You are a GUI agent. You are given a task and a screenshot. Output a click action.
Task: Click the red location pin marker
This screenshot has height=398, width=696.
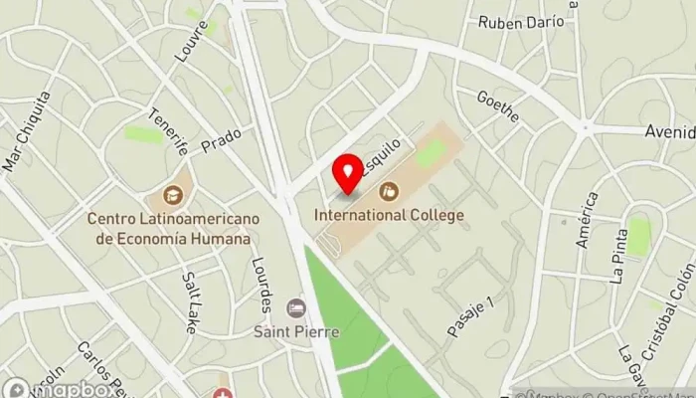(x=348, y=174)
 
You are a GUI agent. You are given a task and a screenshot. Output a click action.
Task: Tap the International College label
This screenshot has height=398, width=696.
(x=389, y=214)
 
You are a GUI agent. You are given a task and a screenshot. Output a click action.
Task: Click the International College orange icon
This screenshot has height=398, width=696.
(x=390, y=190)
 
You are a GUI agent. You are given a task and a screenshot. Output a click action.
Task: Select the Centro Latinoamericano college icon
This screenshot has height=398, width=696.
(x=174, y=196)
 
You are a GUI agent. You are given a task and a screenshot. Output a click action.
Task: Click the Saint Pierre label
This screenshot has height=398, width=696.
(x=295, y=331)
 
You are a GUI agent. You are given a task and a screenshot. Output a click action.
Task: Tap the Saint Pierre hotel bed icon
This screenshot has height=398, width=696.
(x=295, y=308)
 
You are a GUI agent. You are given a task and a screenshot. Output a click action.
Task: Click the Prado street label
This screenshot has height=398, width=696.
(x=221, y=144)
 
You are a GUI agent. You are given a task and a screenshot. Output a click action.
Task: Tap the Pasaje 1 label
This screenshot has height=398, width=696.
(x=470, y=316)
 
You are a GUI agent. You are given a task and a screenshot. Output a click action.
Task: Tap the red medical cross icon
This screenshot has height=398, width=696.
(x=225, y=394)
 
